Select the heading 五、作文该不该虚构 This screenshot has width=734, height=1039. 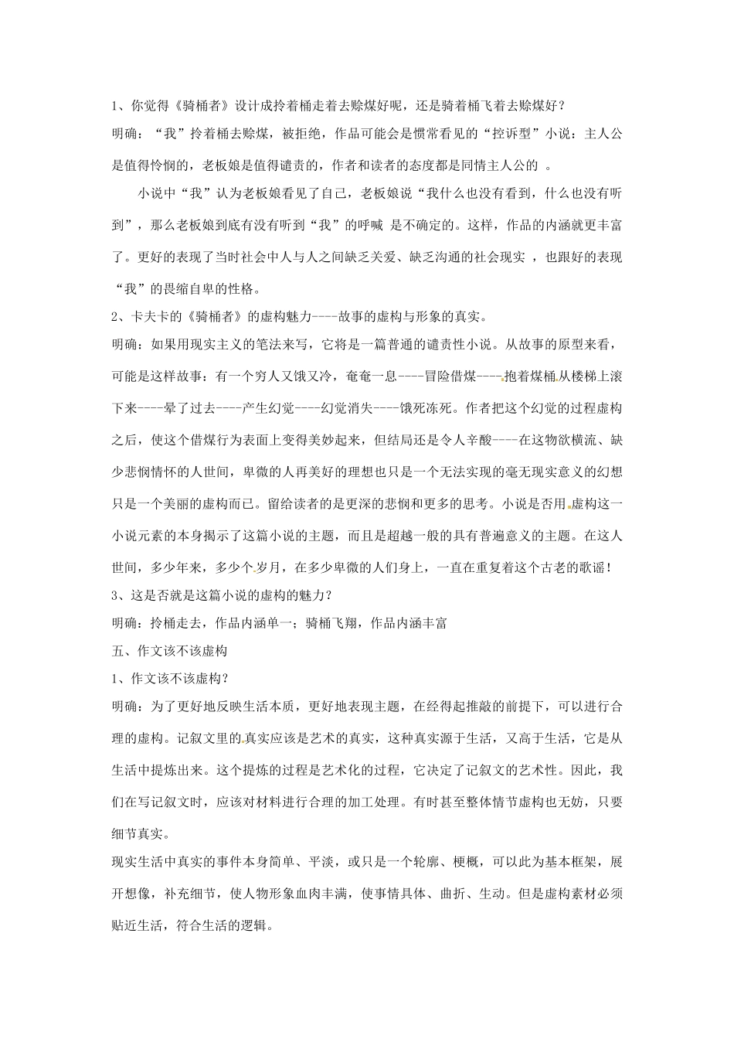(x=169, y=651)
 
